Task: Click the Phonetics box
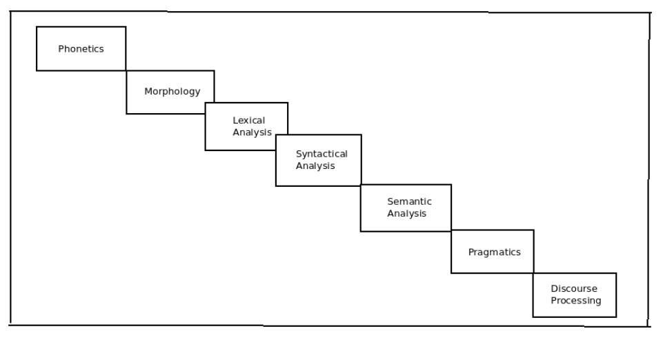(81, 48)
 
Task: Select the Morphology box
(170, 92)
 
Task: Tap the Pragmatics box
(493, 252)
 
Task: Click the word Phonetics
(81, 49)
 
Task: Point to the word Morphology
(172, 92)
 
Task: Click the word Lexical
(248, 121)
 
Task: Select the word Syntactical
(321, 154)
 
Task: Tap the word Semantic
(409, 201)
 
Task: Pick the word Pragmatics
(494, 252)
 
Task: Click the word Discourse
(574, 288)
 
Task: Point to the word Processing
(575, 301)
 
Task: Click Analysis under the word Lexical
(252, 132)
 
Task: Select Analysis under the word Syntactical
(315, 166)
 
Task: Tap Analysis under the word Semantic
(407, 214)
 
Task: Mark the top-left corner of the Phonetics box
(37, 27)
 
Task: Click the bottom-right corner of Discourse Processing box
(616, 317)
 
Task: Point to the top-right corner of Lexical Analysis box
(288, 103)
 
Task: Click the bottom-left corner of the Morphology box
(126, 114)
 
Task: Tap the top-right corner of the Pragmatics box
(533, 230)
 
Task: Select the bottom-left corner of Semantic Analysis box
(361, 231)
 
